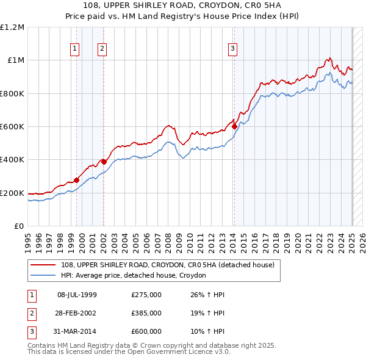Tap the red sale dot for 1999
pyautogui.click(x=76, y=180)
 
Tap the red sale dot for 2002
pyautogui.click(x=104, y=162)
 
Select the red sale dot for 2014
pyautogui.click(x=234, y=126)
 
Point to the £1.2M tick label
pyautogui.click(x=12, y=27)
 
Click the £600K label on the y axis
pyautogui.click(x=12, y=127)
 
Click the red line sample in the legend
pyautogui.click(x=44, y=265)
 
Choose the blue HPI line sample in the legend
pyautogui.click(x=44, y=275)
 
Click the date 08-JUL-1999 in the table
pyautogui.click(x=77, y=295)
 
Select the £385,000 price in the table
pyautogui.click(x=146, y=313)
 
